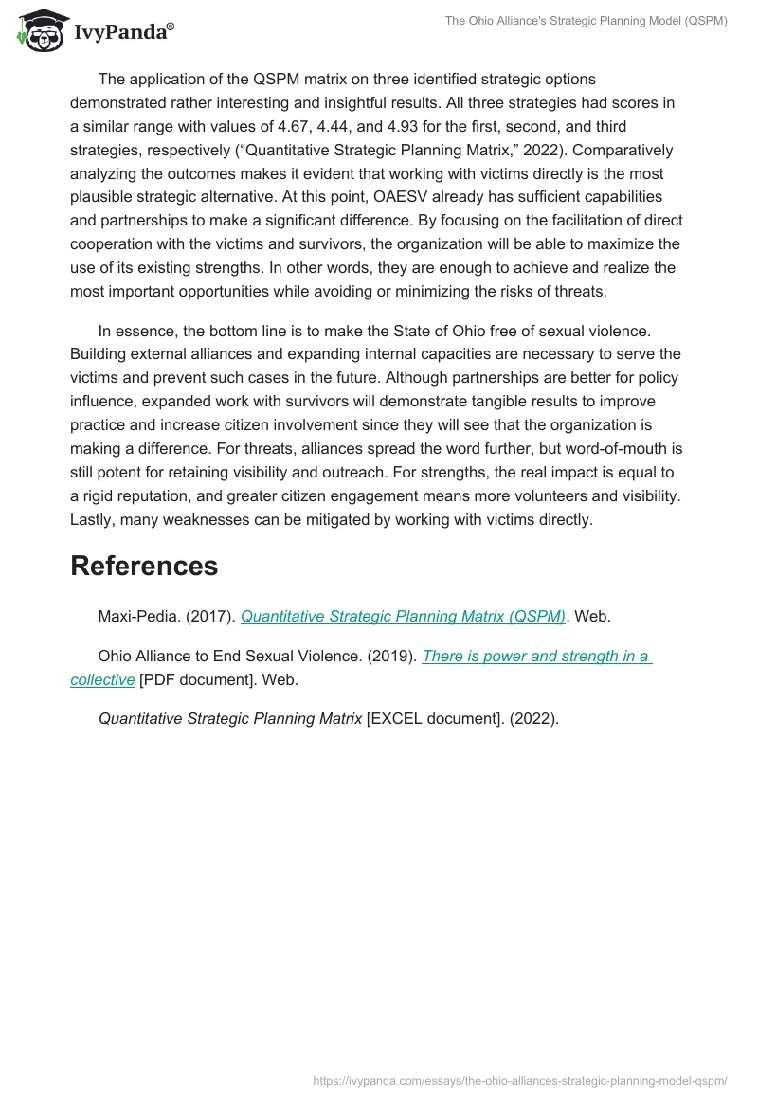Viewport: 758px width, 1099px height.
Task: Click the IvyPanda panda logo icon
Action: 37,32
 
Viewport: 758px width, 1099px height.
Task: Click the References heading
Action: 144,566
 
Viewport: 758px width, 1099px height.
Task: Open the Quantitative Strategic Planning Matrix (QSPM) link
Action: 403,616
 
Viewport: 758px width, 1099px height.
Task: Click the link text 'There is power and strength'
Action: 535,656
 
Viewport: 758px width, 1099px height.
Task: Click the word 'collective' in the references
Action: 102,679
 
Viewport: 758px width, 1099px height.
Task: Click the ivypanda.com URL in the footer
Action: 519,1080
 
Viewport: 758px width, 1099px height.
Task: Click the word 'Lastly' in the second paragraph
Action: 93,519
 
